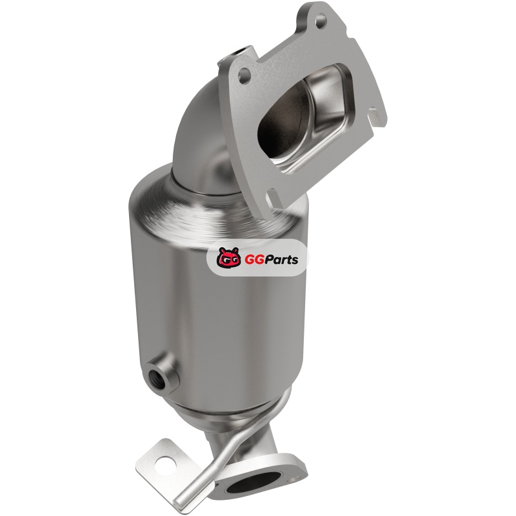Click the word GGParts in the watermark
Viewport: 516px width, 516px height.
(x=272, y=260)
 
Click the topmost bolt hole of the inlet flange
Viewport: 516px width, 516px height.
(x=321, y=20)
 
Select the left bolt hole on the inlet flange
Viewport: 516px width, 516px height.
(x=244, y=73)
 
